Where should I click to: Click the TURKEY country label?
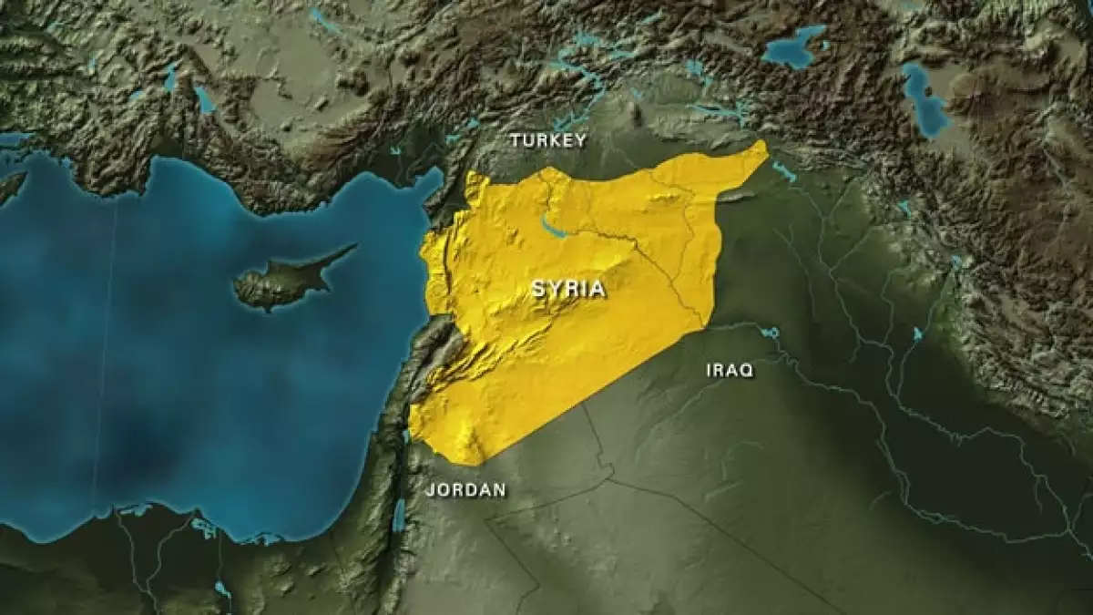pos(547,140)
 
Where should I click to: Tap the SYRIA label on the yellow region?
pos(568,289)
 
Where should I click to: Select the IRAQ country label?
pos(730,370)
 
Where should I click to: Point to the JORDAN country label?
pos(465,489)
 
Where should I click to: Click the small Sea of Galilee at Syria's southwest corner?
pos(406,436)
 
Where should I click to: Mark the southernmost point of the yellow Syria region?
pos(467,463)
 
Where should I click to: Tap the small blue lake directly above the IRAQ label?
pos(770,333)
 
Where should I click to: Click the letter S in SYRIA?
pos(537,289)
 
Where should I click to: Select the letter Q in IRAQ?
pos(746,371)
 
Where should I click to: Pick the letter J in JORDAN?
pos(431,489)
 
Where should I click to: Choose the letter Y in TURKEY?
pos(580,140)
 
